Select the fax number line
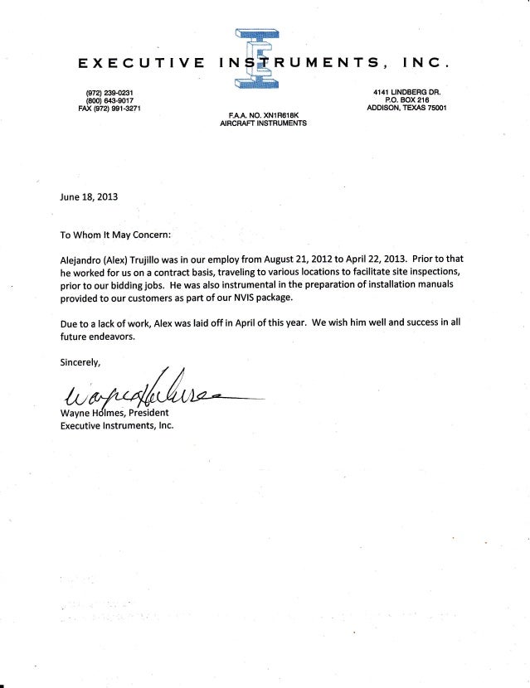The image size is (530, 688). [109, 108]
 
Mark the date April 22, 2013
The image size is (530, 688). [401, 259]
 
